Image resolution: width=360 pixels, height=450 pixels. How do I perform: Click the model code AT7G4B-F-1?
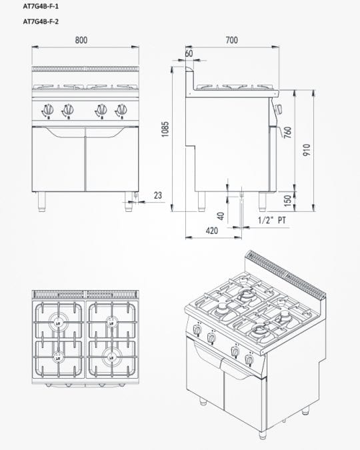[41, 6]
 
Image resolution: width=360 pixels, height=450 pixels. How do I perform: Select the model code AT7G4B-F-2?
[41, 21]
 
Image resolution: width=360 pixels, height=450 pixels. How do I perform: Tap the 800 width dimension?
[81, 40]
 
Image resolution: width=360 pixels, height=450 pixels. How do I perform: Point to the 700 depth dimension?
[231, 40]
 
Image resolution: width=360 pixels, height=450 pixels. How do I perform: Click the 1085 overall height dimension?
[165, 129]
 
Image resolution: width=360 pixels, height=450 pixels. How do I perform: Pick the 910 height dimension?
[307, 150]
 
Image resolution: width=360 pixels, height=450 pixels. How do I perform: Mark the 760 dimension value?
[287, 132]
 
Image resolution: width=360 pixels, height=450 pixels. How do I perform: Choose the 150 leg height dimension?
[287, 201]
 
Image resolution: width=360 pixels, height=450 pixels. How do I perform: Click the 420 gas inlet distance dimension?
[212, 231]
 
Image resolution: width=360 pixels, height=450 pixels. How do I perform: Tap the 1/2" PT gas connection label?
[272, 220]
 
